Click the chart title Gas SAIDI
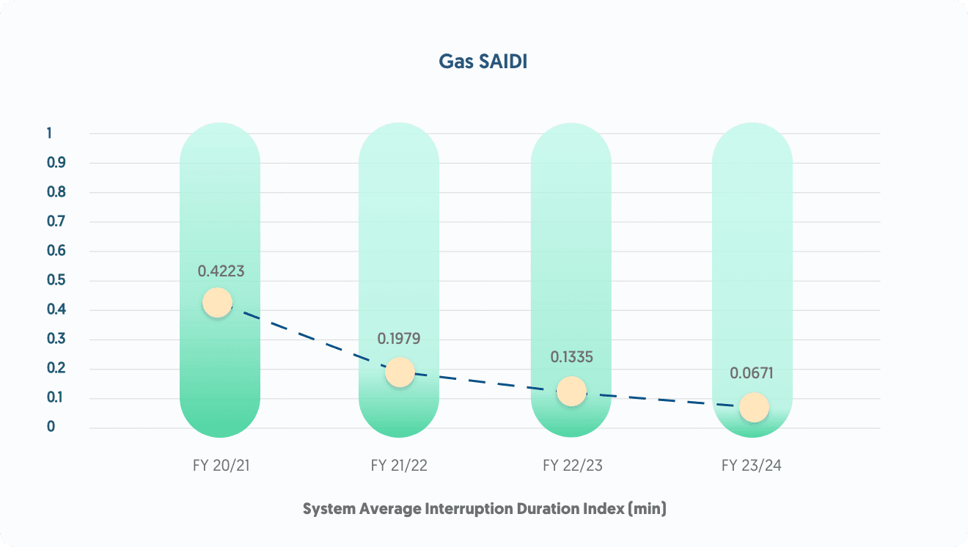click(x=483, y=62)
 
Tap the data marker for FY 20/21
click(x=217, y=302)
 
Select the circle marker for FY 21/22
click(x=400, y=372)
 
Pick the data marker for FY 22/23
click(x=571, y=391)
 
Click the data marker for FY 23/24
click(x=754, y=407)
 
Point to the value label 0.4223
click(x=221, y=271)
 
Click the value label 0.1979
click(x=400, y=339)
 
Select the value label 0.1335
click(x=571, y=357)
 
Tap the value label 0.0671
click(x=752, y=373)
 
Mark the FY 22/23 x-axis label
click(x=572, y=466)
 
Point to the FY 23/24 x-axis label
click(x=752, y=466)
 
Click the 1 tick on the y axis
click(x=49, y=133)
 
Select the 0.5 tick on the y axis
click(x=56, y=280)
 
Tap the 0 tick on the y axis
click(x=51, y=427)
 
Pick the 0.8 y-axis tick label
click(x=56, y=192)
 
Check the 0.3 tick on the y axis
click(x=56, y=339)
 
